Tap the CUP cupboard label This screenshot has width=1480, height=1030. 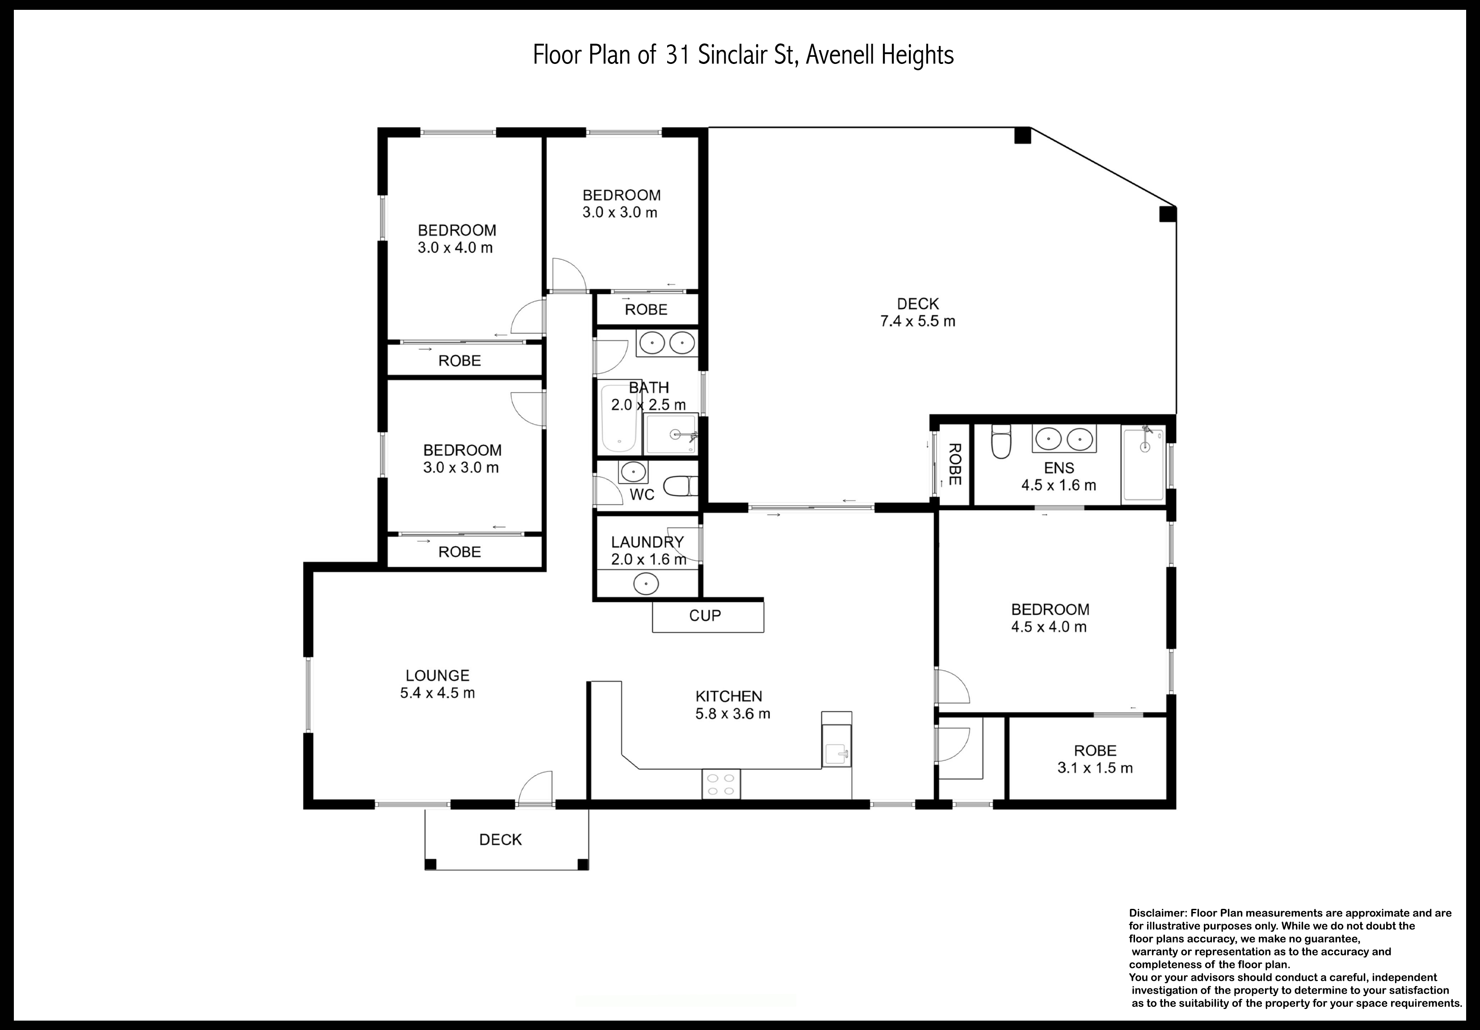pyautogui.click(x=705, y=616)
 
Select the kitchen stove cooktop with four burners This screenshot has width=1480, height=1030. pyautogui.click(x=721, y=784)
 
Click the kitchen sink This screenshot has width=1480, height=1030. pyautogui.click(x=837, y=751)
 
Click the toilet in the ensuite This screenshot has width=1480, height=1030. pyautogui.click(x=1001, y=441)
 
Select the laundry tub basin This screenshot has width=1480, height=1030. pyautogui.click(x=646, y=584)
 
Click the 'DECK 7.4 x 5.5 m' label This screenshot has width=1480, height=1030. pyautogui.click(x=918, y=312)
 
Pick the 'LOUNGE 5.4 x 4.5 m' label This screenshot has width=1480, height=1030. pyautogui.click(x=437, y=684)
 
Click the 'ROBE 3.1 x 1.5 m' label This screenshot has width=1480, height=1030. pyautogui.click(x=1095, y=759)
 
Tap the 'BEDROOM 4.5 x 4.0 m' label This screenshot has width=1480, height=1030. pyautogui.click(x=1050, y=618)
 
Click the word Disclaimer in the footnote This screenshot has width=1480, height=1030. pyautogui.click(x=1158, y=913)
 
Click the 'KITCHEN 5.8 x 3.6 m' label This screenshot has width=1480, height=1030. pyautogui.click(x=732, y=705)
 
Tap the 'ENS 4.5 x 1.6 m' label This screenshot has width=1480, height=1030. pyautogui.click(x=1059, y=477)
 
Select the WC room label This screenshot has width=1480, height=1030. pyautogui.click(x=642, y=495)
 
